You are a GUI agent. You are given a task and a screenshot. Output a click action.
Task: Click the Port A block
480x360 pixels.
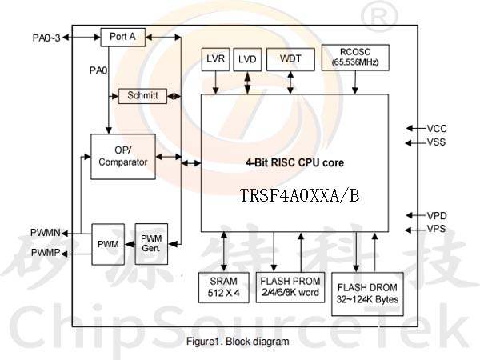click(x=122, y=37)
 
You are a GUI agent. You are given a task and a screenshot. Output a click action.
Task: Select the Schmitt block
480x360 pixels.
click(x=142, y=96)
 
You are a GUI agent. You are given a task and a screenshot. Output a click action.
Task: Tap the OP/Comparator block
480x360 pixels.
click(x=123, y=157)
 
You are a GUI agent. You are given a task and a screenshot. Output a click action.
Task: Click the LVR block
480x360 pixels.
click(x=215, y=59)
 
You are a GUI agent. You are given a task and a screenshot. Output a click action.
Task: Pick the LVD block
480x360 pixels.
click(x=247, y=59)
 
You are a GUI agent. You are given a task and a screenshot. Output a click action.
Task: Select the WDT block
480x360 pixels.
click(x=290, y=59)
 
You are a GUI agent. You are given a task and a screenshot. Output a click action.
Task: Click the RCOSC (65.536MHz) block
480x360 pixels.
click(x=355, y=58)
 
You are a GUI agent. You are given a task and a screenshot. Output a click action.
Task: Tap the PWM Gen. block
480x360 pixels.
click(x=151, y=244)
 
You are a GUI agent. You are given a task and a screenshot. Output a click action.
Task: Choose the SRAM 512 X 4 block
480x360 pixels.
click(x=224, y=287)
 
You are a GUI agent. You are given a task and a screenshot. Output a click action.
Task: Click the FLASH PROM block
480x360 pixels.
click(x=290, y=287)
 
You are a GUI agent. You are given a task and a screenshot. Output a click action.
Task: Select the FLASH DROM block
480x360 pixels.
click(x=367, y=294)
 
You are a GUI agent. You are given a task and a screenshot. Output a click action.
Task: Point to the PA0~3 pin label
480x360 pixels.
click(x=46, y=38)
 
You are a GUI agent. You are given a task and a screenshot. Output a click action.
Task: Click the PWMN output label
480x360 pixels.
click(x=46, y=233)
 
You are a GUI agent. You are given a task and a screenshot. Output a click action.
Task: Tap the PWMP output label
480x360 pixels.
click(x=46, y=253)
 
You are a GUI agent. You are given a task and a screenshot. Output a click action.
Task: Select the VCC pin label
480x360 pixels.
click(x=437, y=129)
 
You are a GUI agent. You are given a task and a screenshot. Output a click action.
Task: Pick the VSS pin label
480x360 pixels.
click(x=436, y=142)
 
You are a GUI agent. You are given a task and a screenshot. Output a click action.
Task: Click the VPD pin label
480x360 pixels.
click(x=437, y=216)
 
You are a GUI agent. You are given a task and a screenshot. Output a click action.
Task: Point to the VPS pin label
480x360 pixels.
click(x=436, y=229)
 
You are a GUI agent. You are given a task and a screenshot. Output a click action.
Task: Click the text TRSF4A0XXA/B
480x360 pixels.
click(x=300, y=195)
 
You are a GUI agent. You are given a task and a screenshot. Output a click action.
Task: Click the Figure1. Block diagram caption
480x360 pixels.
click(x=238, y=342)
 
